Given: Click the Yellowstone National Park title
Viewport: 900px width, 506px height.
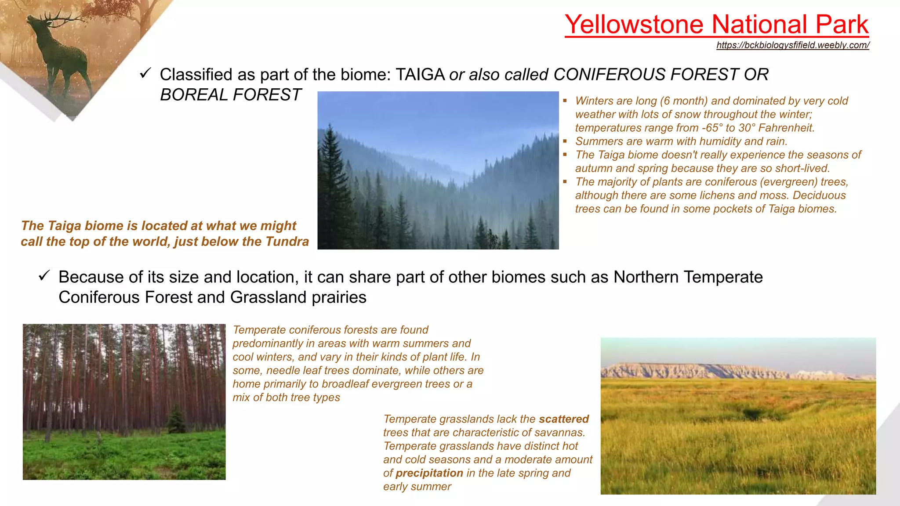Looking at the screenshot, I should point(716,24).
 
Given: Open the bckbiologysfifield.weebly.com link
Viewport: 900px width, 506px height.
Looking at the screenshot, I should point(792,45).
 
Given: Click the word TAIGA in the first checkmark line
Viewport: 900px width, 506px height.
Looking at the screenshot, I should point(420,75).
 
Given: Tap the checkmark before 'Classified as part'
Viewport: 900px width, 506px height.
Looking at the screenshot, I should point(145,73).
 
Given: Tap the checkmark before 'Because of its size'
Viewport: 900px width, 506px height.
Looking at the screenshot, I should point(44,275).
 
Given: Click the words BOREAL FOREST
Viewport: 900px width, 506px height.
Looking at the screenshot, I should point(230,95).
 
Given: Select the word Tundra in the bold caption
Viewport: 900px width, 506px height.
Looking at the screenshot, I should point(287,242).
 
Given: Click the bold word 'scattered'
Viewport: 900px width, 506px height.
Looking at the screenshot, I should point(563,419).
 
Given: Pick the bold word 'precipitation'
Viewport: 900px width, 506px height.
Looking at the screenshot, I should point(429,473).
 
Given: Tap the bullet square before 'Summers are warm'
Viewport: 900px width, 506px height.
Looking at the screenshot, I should point(565,141).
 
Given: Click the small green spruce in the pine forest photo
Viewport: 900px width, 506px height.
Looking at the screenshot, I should point(177,419).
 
